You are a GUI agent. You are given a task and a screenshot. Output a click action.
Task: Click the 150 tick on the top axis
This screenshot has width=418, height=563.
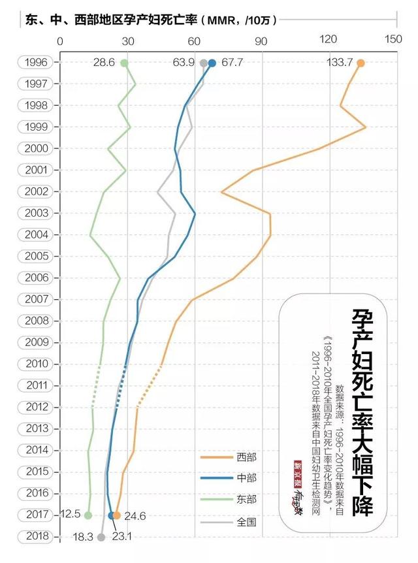point(394,40)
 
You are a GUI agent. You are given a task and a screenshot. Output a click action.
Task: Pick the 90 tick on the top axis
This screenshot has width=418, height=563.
point(262,40)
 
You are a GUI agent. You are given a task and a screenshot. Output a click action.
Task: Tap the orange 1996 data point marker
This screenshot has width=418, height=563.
point(361,63)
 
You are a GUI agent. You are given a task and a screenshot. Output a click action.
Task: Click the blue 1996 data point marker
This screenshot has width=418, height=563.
point(212,63)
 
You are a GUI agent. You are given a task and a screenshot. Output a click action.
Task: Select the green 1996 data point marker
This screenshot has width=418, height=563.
point(124,63)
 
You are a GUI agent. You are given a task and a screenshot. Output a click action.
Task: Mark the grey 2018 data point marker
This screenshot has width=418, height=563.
point(101,537)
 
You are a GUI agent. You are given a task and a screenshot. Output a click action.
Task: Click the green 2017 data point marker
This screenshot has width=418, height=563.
point(88,515)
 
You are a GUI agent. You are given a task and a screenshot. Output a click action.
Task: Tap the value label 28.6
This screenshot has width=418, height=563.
point(104,63)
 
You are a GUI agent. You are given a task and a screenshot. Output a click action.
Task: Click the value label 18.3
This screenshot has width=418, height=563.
point(81,537)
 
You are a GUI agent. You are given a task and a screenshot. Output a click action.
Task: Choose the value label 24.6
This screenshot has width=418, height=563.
point(134,516)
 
